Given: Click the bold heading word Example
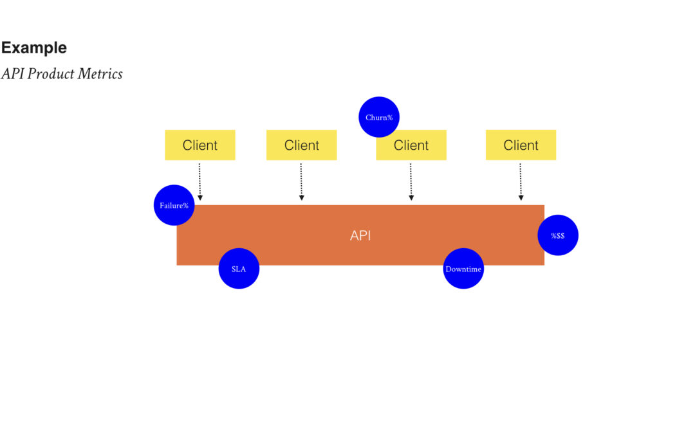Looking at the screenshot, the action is click(34, 48).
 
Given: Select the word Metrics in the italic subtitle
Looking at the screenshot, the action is click(100, 73).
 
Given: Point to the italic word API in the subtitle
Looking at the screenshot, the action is click(12, 73).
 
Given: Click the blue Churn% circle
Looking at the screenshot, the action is click(379, 117).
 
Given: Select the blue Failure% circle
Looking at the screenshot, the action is click(174, 205).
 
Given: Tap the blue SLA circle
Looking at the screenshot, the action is click(239, 268).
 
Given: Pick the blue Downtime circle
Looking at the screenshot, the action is click(463, 268).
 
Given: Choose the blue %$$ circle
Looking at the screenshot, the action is click(558, 235).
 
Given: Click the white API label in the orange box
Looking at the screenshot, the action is click(360, 235).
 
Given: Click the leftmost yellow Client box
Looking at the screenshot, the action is click(200, 145).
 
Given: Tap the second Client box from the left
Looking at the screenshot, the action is click(301, 145).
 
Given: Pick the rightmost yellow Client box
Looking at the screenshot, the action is click(521, 145).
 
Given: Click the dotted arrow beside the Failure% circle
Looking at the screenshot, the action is click(200, 182).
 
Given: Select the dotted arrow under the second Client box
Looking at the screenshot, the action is click(301, 182).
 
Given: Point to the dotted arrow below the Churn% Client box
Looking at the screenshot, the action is click(411, 182).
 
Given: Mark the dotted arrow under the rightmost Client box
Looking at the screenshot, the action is click(521, 182).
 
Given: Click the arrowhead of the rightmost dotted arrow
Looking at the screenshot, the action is click(521, 198).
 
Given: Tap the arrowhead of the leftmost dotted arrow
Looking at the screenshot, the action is click(200, 198).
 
